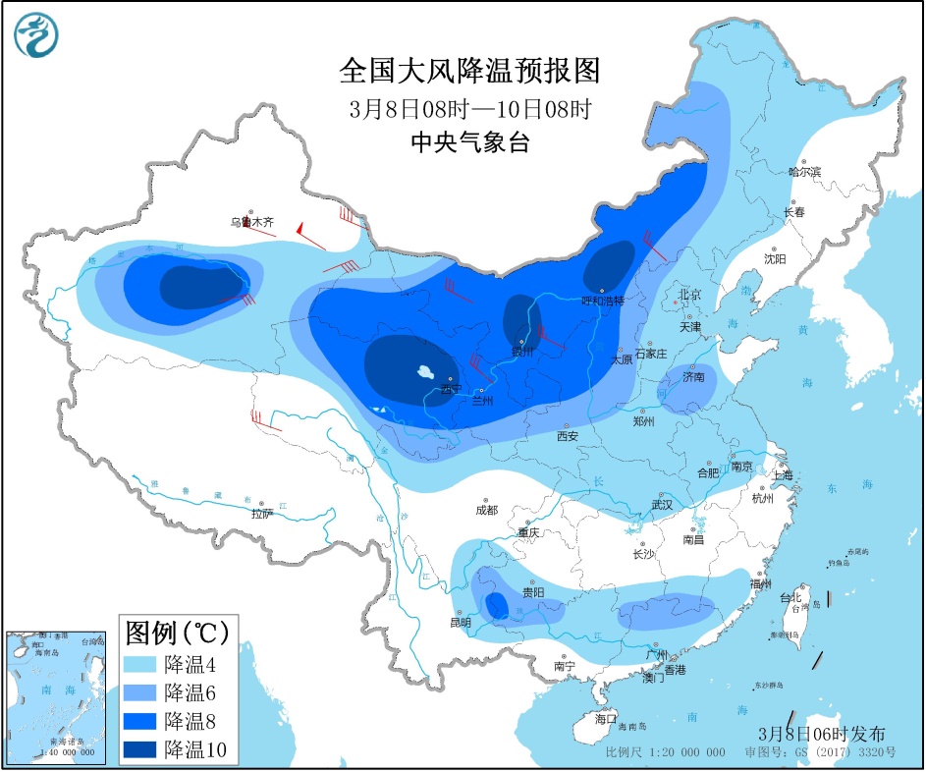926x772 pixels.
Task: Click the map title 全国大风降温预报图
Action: coord(468,72)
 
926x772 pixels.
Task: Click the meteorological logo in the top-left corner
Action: coord(36,35)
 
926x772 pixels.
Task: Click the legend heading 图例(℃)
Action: coord(176,630)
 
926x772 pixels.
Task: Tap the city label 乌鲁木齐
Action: coord(251,223)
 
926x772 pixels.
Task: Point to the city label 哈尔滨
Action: coord(803,171)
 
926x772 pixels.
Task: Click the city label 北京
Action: coord(690,295)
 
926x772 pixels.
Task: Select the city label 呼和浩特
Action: coord(603,301)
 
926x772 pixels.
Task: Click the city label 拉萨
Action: coord(261,514)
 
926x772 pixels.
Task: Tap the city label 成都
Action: coord(486,511)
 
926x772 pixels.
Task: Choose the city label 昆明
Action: coord(460,622)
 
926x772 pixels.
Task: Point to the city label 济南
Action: coord(693,375)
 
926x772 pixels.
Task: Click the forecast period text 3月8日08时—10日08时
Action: coord(468,109)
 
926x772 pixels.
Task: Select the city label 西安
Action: coord(568,435)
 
